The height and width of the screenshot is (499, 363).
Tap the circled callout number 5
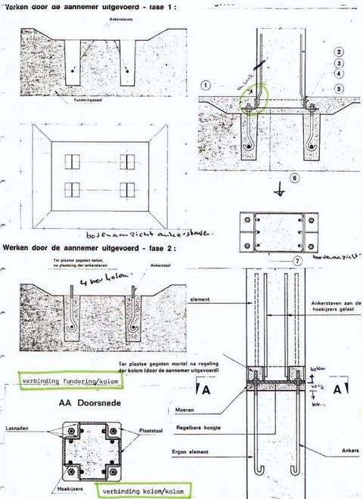(x=340, y=88)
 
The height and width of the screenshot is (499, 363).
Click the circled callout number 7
(x=299, y=262)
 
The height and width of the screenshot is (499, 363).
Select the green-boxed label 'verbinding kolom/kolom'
(x=143, y=491)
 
